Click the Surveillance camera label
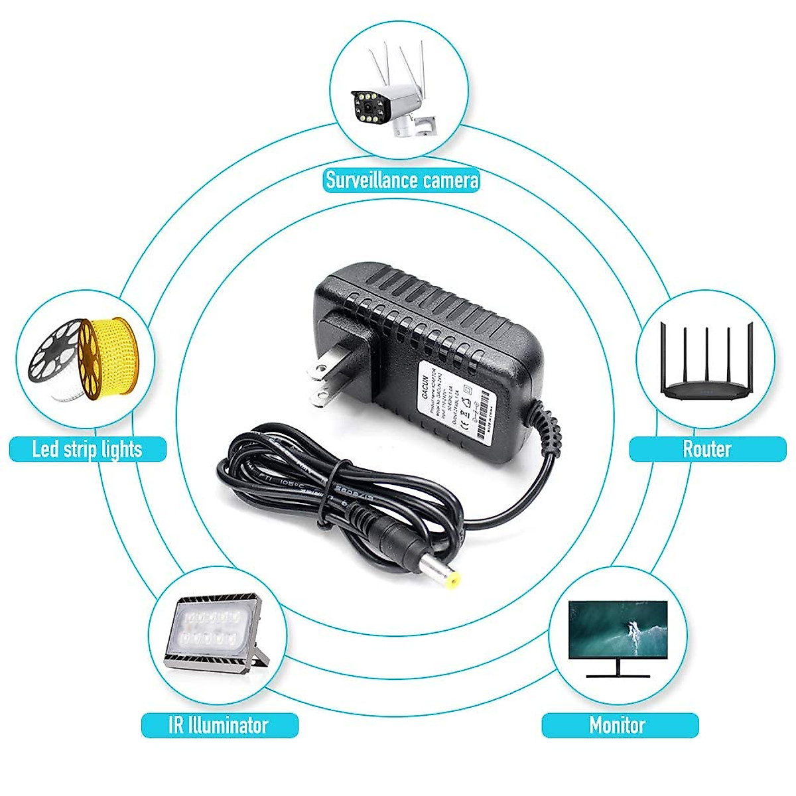(401, 180)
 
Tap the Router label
(707, 449)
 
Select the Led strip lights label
(87, 449)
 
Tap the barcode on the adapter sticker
(488, 408)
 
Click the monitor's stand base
(618, 675)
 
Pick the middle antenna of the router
(707, 352)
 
